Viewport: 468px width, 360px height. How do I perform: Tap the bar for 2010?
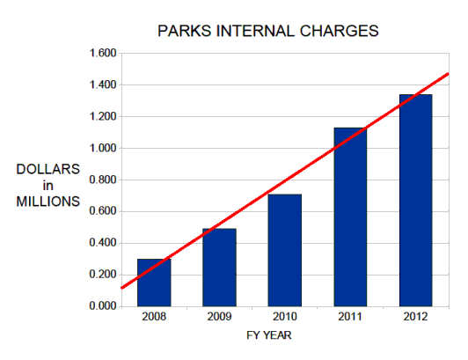pos(285,250)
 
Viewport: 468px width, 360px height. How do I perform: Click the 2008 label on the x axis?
pos(154,318)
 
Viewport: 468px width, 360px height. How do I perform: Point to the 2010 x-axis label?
pos(285,318)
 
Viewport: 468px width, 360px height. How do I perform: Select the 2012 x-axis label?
pos(415,318)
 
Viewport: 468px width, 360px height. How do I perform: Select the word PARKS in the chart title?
pos(181,31)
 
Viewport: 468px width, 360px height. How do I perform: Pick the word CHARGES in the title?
pos(344,31)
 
